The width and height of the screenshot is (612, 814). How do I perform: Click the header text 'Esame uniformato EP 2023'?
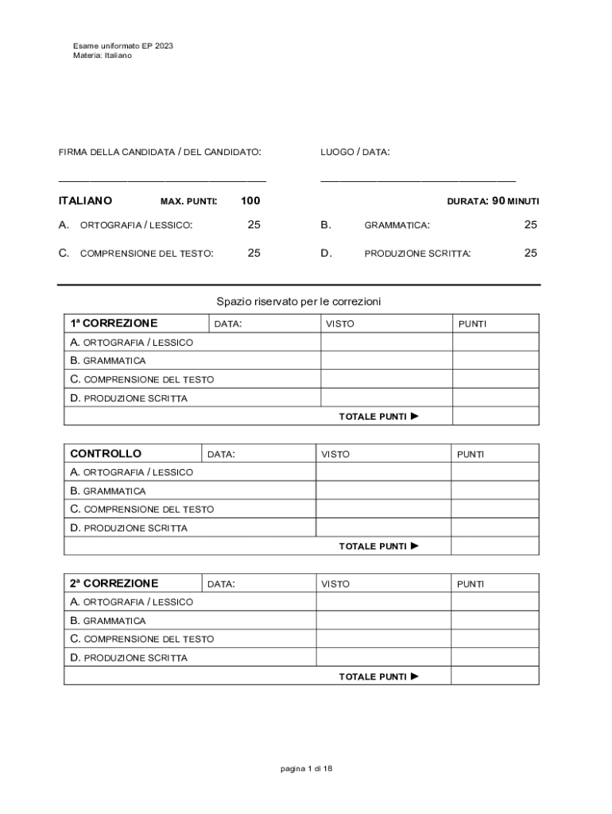(122, 46)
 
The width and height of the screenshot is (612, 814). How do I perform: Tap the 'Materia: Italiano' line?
(103, 56)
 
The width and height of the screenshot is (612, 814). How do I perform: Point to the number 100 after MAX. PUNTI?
(250, 201)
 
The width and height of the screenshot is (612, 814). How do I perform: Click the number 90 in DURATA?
(498, 201)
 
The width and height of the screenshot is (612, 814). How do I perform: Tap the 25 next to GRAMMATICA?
(530, 225)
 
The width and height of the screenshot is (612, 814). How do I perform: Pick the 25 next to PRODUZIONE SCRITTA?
(530, 253)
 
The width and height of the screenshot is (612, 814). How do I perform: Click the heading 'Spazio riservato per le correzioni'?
(299, 302)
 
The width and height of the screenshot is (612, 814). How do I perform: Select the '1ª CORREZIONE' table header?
(114, 324)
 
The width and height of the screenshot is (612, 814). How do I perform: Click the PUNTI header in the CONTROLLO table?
(471, 454)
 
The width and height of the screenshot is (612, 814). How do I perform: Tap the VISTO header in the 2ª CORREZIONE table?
(335, 584)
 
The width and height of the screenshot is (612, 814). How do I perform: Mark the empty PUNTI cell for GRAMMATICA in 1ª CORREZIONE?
(495, 361)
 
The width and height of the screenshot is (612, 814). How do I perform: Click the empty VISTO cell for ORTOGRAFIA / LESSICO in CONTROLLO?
(383, 472)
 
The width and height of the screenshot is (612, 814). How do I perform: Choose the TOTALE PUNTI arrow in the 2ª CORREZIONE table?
(414, 676)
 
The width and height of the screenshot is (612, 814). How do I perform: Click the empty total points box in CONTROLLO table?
(494, 546)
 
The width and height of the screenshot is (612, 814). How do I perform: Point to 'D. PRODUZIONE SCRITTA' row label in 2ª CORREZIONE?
(129, 658)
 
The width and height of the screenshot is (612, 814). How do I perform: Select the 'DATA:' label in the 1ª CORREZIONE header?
(228, 324)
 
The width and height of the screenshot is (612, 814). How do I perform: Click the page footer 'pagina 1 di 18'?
(306, 769)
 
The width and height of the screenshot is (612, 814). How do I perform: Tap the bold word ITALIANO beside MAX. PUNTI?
(85, 201)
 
